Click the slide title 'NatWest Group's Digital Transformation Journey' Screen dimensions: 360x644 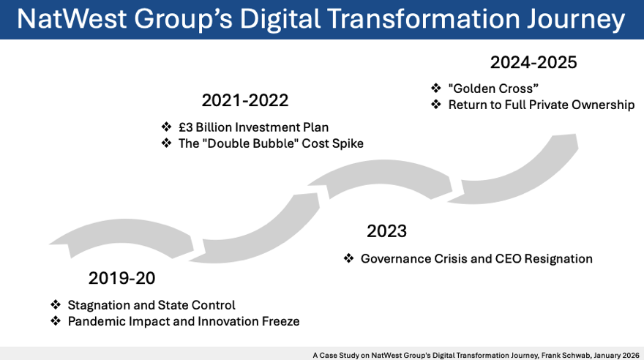tap(321, 19)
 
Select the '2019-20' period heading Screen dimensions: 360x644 tap(122, 278)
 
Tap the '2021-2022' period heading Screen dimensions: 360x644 tap(245, 100)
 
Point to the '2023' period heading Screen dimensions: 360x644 tap(386, 232)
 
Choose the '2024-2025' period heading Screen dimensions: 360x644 tap(533, 62)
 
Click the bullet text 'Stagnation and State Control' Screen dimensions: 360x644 tap(151, 304)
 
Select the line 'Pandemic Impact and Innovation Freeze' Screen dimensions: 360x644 tap(184, 321)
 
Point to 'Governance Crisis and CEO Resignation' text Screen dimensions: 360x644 tap(476, 258)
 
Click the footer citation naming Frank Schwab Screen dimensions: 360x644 tap(475, 355)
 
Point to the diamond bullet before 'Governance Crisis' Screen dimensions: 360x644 tap(348, 258)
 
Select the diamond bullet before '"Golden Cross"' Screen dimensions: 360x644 tap(435, 89)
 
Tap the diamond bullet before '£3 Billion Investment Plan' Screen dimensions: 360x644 tap(166, 127)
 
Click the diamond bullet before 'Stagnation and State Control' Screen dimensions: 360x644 tap(56, 304)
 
